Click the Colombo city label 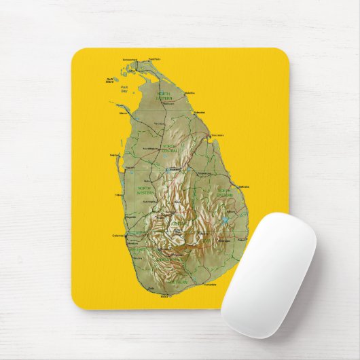point(118,236)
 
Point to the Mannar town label point(123,113)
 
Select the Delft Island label point(110,80)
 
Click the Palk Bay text point(124,89)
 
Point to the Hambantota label point(210,284)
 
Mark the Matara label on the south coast point(164,297)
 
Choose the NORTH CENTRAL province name point(169,147)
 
